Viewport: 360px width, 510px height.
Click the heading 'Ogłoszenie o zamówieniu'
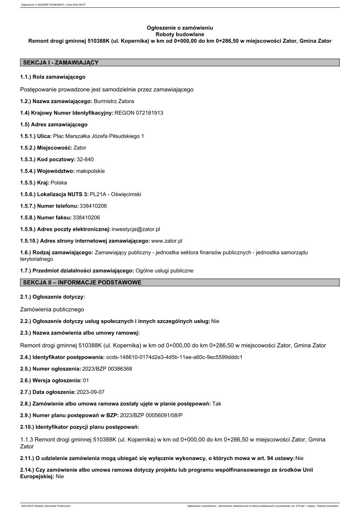[180, 28]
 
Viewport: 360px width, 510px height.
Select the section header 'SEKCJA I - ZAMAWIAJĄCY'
[60, 63]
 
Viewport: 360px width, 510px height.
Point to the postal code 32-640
[86, 159]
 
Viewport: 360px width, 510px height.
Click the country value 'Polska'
[59, 183]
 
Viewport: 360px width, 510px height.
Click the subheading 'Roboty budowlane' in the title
[180, 34]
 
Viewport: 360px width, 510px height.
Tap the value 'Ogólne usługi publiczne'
[164, 271]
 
